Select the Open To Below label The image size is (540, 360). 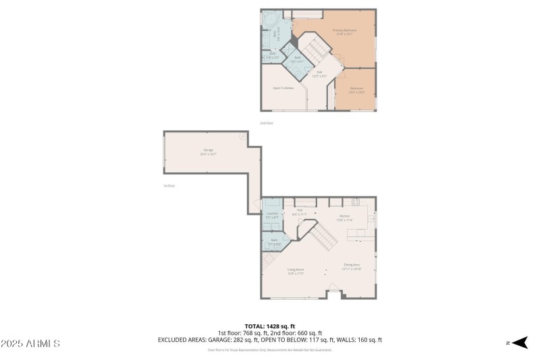click(283, 88)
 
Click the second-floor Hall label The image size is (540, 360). click(319, 74)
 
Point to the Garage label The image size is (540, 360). click(208, 152)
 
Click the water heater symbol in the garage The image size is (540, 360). click(242, 136)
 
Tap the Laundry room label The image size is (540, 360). click(271, 215)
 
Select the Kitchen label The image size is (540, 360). click(344, 218)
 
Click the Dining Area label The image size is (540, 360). click(352, 266)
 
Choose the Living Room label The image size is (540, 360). click(296, 271)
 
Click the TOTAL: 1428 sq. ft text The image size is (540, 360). click(269, 326)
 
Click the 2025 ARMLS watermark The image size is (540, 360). click(31, 344)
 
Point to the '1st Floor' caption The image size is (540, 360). click(169, 186)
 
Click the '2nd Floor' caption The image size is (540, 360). click(267, 123)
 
